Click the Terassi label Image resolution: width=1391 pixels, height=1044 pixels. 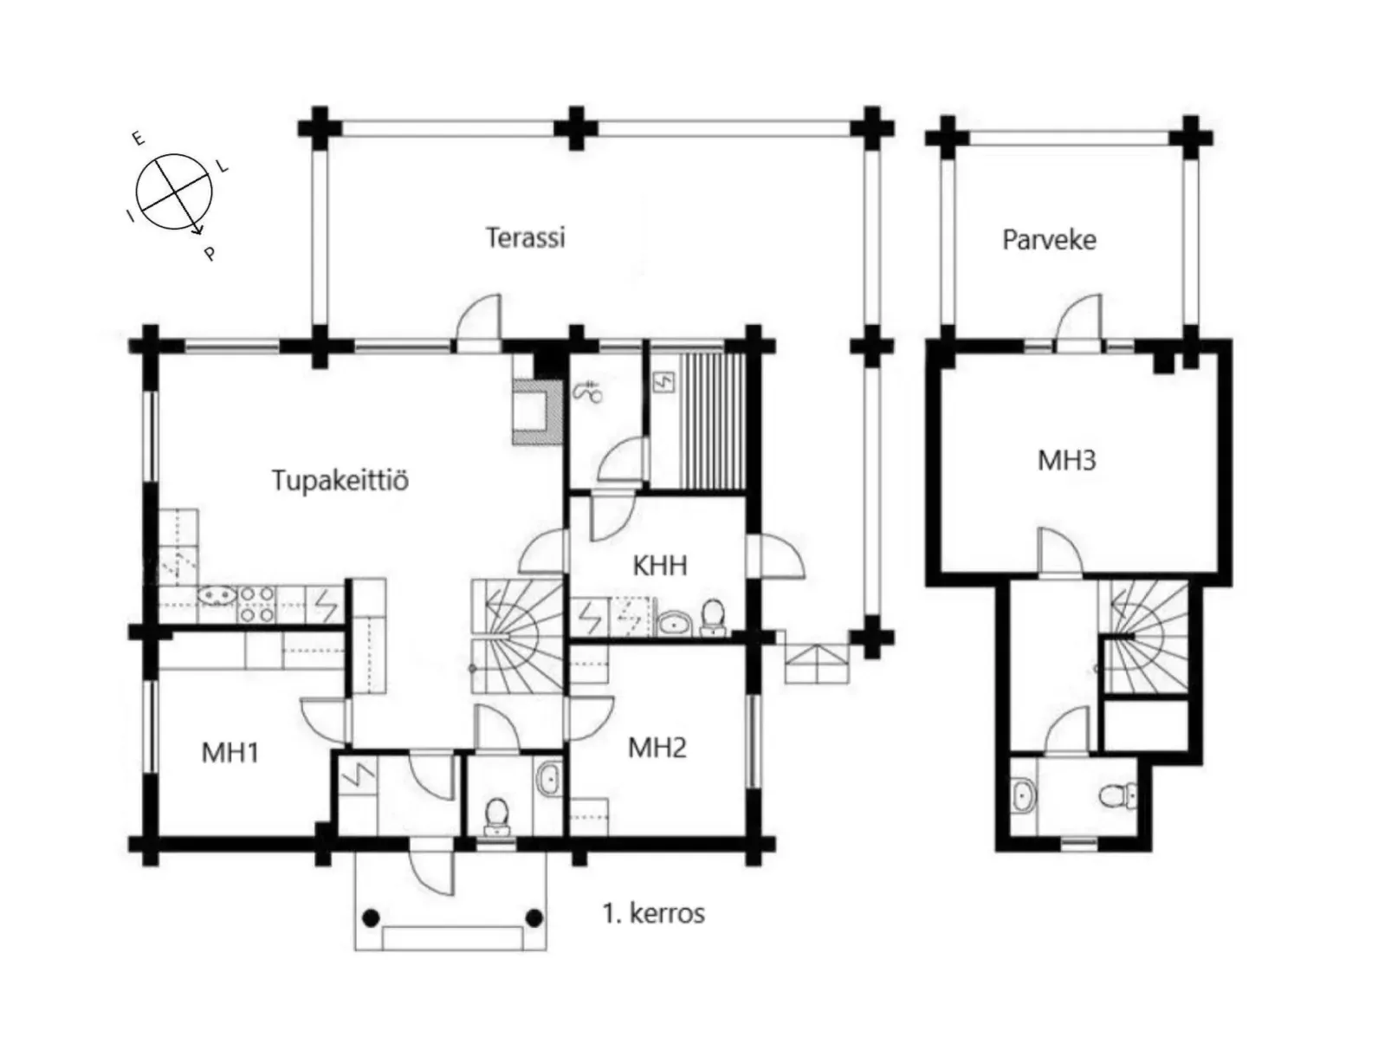pyautogui.click(x=526, y=237)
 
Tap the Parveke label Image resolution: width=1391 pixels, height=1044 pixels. pyautogui.click(x=1049, y=240)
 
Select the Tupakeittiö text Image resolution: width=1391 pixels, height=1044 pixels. pyautogui.click(x=340, y=480)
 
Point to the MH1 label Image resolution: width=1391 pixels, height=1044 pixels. pyautogui.click(x=230, y=752)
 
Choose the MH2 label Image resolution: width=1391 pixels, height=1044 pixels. pyautogui.click(x=657, y=748)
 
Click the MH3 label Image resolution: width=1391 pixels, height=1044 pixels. pyautogui.click(x=1066, y=461)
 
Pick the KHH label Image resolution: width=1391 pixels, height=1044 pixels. pyautogui.click(x=660, y=566)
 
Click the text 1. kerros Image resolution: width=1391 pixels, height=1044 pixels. pyautogui.click(x=653, y=913)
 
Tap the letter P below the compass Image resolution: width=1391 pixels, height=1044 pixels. pyautogui.click(x=210, y=254)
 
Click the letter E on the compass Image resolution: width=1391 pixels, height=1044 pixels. pyautogui.click(x=139, y=138)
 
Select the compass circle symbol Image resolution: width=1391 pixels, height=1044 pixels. pyautogui.click(x=174, y=191)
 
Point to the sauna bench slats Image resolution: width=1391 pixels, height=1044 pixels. pyautogui.click(x=712, y=421)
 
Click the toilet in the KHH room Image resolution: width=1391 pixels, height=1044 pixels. pyautogui.click(x=714, y=617)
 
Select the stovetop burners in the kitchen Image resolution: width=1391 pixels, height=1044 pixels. pyautogui.click(x=256, y=604)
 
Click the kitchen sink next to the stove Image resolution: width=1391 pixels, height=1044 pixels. pyautogui.click(x=217, y=596)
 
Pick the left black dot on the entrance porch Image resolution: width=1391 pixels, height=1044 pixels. pyautogui.click(x=371, y=918)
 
